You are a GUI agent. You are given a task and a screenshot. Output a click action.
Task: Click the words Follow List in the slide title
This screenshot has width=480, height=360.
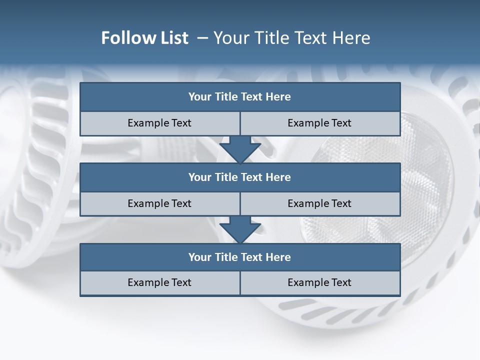(144, 38)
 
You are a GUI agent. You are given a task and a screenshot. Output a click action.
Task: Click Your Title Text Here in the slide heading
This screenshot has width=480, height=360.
(292, 38)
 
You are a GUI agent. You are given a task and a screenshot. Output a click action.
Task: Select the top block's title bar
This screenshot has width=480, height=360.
(240, 97)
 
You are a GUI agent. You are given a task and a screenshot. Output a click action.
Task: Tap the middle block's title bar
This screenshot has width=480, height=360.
(240, 177)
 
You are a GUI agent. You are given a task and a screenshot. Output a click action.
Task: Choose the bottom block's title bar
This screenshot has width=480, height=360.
(240, 257)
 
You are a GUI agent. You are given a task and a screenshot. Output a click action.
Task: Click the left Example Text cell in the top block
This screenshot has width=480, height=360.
(159, 123)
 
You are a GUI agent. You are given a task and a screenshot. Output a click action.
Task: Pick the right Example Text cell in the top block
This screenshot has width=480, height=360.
(320, 123)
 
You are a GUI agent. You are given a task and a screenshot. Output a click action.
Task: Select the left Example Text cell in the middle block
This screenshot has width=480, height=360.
(159, 204)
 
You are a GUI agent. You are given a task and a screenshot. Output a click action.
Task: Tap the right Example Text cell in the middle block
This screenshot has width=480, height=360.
(320, 204)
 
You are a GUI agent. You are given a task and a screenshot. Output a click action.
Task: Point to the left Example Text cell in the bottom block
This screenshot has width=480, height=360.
(159, 283)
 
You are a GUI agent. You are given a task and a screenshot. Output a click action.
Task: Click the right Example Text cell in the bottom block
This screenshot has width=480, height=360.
(320, 283)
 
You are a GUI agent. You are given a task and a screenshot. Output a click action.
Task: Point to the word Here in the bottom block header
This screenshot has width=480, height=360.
(278, 257)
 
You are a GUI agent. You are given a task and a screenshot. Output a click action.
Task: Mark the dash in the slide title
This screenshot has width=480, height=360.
(202, 38)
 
